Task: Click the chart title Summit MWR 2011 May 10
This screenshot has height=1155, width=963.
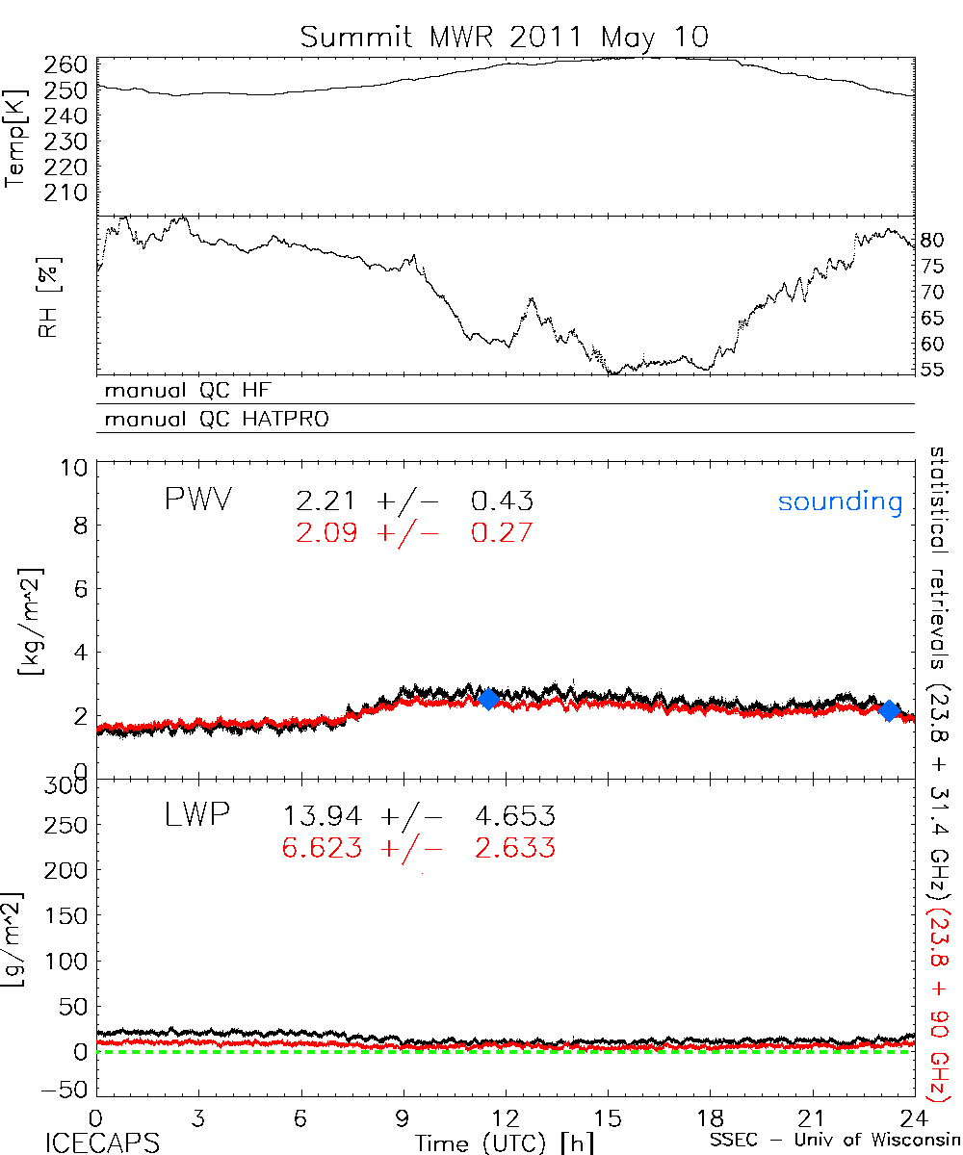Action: [x=504, y=37]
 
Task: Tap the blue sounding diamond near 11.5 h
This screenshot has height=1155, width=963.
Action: [x=488, y=699]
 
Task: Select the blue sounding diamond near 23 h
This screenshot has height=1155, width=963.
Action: [x=890, y=710]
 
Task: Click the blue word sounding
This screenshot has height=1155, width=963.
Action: [x=840, y=501]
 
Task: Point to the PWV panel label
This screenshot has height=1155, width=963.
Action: [x=198, y=500]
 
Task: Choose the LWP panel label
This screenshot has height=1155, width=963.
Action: [x=195, y=817]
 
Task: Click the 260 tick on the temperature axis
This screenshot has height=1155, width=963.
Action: [x=67, y=65]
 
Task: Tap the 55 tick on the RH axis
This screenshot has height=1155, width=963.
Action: [x=932, y=370]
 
